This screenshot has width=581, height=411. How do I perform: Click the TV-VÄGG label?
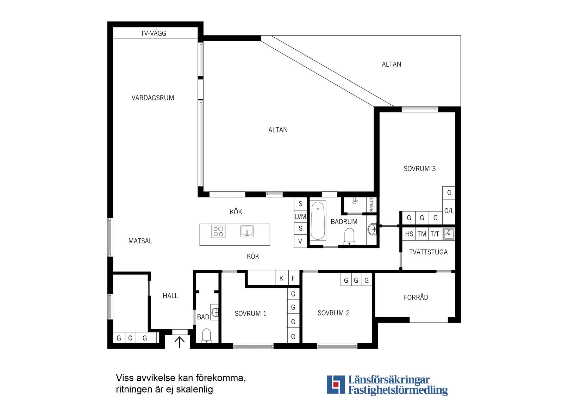coord(153,33)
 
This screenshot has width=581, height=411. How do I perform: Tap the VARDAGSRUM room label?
coord(152,98)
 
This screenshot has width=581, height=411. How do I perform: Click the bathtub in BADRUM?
coord(318,221)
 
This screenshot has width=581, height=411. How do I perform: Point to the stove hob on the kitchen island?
coord(218,232)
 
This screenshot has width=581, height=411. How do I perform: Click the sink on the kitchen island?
coord(247,232)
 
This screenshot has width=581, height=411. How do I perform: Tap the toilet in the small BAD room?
coord(206,336)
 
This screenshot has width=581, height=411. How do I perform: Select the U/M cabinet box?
coord(300,216)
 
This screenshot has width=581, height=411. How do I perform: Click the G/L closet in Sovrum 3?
coord(449,211)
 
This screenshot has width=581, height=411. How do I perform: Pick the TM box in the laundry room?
coord(422,234)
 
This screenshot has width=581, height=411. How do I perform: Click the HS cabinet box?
coord(409,234)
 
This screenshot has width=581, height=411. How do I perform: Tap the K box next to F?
coord(281,278)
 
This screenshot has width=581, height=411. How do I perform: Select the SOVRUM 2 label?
coord(333,313)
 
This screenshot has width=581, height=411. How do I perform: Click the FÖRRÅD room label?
coord(416,297)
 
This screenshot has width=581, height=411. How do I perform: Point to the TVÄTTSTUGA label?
coord(428,252)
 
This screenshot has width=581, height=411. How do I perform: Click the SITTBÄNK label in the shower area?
coord(371,205)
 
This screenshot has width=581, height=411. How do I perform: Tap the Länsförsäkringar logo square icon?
coord(336,385)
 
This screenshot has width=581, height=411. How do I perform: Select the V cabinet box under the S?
coord(300,241)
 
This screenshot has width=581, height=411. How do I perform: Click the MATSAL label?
coord(140,241)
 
